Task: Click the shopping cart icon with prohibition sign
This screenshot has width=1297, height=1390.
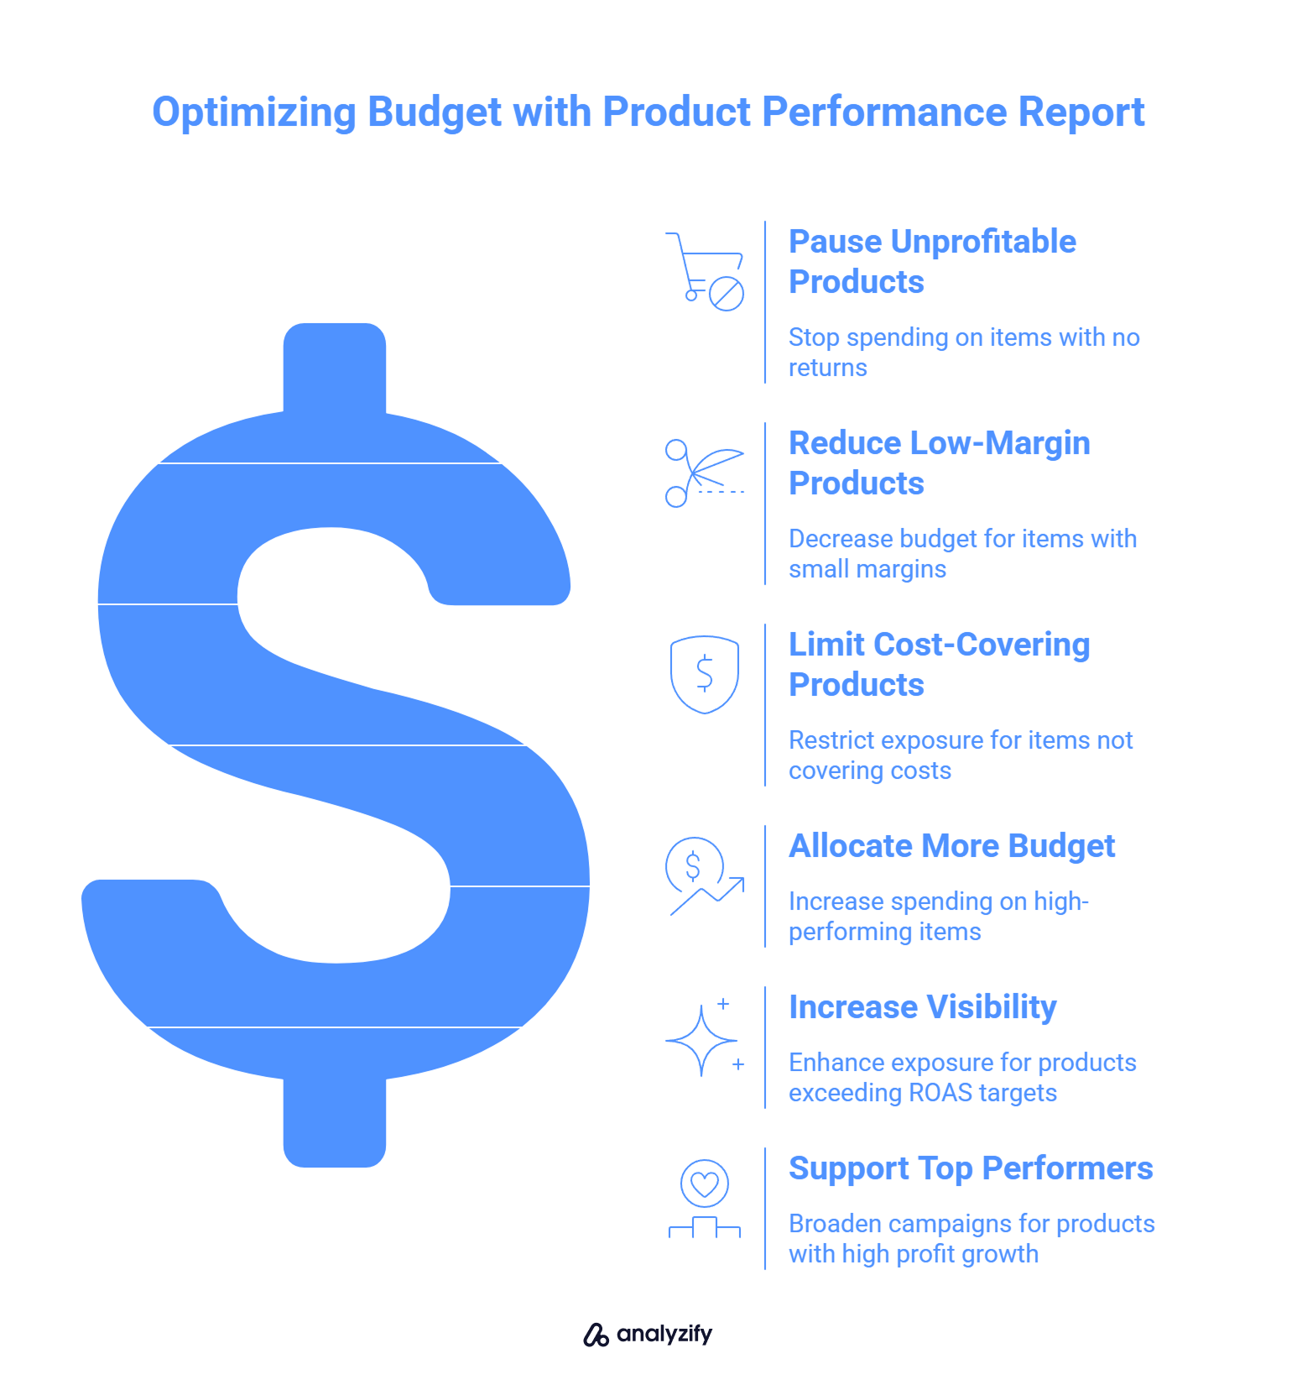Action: pyautogui.click(x=706, y=271)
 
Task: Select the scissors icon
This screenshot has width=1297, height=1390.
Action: pyautogui.click(x=703, y=473)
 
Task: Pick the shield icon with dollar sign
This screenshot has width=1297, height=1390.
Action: pyautogui.click(x=705, y=674)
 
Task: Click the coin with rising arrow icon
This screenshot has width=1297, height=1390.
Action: pyautogui.click(x=703, y=875)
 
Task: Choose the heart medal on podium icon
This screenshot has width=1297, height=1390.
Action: pyautogui.click(x=705, y=1199)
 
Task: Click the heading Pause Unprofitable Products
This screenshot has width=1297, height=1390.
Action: pyautogui.click(x=931, y=261)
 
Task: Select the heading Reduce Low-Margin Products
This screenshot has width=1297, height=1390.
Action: pyautogui.click(x=939, y=462)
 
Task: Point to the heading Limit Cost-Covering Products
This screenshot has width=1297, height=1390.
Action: pyautogui.click(x=939, y=664)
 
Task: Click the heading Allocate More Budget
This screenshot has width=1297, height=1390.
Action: pyautogui.click(x=951, y=846)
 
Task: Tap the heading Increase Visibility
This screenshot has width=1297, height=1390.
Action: pyautogui.click(x=922, y=1007)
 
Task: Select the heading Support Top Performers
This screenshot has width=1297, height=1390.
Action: pyautogui.click(x=971, y=1168)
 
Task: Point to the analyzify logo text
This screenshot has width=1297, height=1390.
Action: pyautogui.click(x=664, y=1334)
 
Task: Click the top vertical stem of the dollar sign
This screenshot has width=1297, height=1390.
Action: pyautogui.click(x=335, y=369)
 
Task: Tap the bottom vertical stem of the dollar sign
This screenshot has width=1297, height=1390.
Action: pyautogui.click(x=335, y=1121)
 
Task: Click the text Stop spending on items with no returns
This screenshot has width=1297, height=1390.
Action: pyautogui.click(x=963, y=352)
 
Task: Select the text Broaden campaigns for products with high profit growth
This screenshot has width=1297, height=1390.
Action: pyautogui.click(x=971, y=1238)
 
